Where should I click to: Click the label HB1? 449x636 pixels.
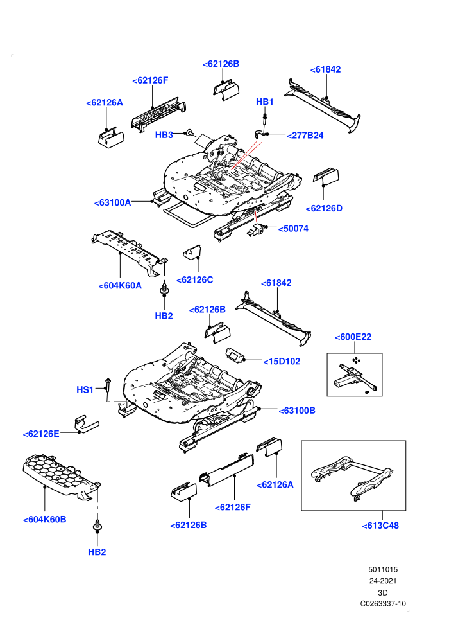tap(264, 102)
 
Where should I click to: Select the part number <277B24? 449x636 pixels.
tap(305, 136)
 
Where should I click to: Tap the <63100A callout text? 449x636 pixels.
tap(112, 202)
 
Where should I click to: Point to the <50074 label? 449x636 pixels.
tap(293, 229)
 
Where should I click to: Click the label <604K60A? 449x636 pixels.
tap(120, 285)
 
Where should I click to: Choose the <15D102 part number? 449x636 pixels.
tap(282, 362)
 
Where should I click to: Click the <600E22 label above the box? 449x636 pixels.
tap(353, 337)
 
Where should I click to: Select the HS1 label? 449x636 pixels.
tap(85, 390)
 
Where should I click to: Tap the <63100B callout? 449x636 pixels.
tap(297, 411)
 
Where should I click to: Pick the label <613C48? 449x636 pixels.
tap(380, 526)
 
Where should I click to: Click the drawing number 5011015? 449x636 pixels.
tap(383, 569)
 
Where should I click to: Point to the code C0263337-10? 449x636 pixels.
tap(383, 603)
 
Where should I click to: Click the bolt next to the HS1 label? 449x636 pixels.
tap(108, 385)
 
